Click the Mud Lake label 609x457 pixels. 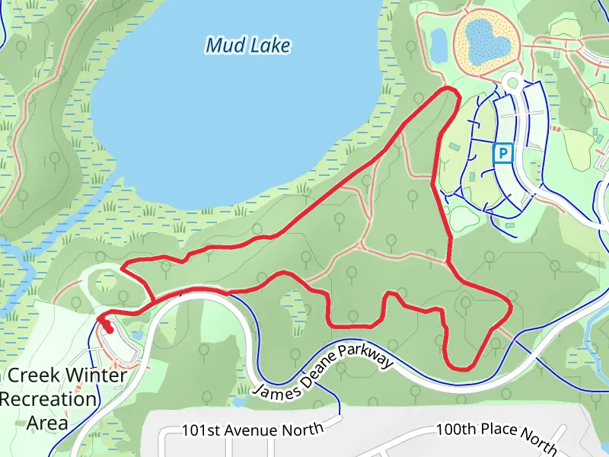pyautogui.click(x=248, y=46)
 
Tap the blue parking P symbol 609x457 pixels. pyautogui.click(x=503, y=154)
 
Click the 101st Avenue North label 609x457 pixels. pyautogui.click(x=253, y=430)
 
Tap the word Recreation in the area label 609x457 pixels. pyautogui.click(x=49, y=399)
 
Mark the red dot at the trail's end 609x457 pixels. pyautogui.click(x=109, y=329)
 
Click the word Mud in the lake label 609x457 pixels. pyautogui.click(x=224, y=46)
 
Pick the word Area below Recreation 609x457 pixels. pyautogui.click(x=47, y=423)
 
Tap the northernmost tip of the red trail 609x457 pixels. pyautogui.click(x=449, y=89)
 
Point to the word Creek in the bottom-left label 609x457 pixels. pyautogui.click(x=28, y=375)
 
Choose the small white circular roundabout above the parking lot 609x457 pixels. pyautogui.click(x=512, y=82)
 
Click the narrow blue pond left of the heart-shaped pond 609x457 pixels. pyautogui.click(x=438, y=45)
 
